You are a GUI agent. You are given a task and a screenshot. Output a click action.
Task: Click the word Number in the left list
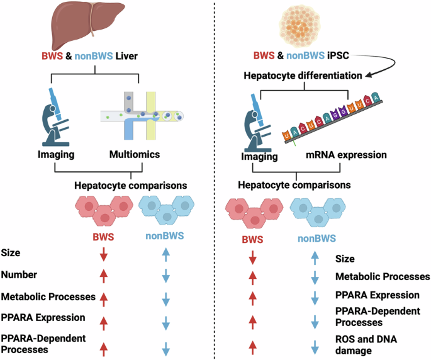click(18, 276)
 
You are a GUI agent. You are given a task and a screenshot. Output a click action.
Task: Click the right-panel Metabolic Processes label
click(383, 276)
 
